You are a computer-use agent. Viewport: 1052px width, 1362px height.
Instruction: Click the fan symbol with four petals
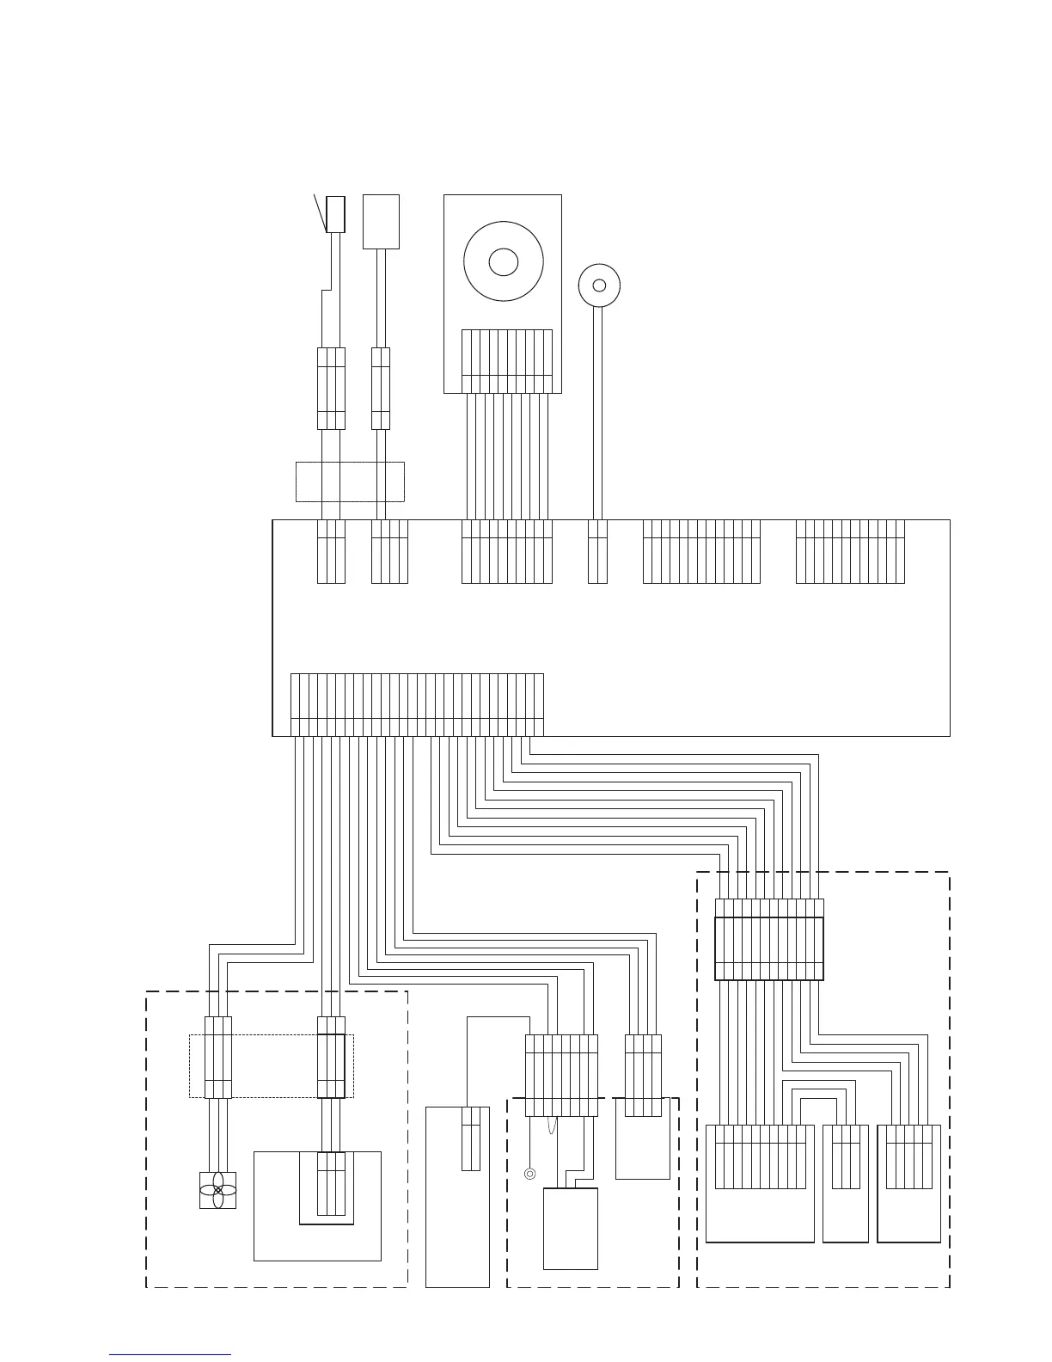coord(217,1190)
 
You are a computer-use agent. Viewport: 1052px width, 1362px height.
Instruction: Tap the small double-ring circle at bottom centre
coord(530,1173)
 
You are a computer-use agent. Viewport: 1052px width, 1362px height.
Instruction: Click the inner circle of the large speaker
coord(503,261)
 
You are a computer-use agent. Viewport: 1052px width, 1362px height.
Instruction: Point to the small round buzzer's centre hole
coord(599,285)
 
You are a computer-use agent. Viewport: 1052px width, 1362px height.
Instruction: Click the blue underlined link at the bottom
coord(170,1354)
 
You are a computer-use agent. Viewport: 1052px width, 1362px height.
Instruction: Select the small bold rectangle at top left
coord(335,213)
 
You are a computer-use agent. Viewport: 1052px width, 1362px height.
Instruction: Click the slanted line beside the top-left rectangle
coord(320,212)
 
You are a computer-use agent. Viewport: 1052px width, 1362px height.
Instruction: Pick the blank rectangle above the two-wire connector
coord(381,221)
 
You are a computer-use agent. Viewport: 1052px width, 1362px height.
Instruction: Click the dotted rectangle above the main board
coord(350,482)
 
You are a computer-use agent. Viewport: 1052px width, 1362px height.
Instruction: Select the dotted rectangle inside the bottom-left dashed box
coord(271,1065)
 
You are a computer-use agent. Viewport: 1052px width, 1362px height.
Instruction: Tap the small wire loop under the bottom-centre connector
coord(554,1128)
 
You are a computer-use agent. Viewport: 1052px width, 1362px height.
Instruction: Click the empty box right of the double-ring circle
coord(570,1230)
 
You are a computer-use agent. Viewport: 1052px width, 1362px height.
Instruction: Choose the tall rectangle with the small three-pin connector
coord(457,1196)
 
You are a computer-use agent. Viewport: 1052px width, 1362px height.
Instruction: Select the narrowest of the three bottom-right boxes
coord(845,1183)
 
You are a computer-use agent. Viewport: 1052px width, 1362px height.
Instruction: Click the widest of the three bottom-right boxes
coord(760,1183)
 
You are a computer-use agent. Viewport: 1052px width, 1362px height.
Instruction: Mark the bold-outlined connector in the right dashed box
coord(769,948)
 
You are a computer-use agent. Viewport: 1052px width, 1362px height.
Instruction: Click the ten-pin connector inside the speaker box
coord(506,361)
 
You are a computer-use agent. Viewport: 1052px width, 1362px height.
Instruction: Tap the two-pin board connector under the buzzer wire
coord(597,551)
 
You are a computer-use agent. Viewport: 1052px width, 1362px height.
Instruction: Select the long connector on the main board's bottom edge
coord(417,705)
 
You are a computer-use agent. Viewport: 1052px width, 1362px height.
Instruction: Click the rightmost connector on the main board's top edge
coord(850,551)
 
